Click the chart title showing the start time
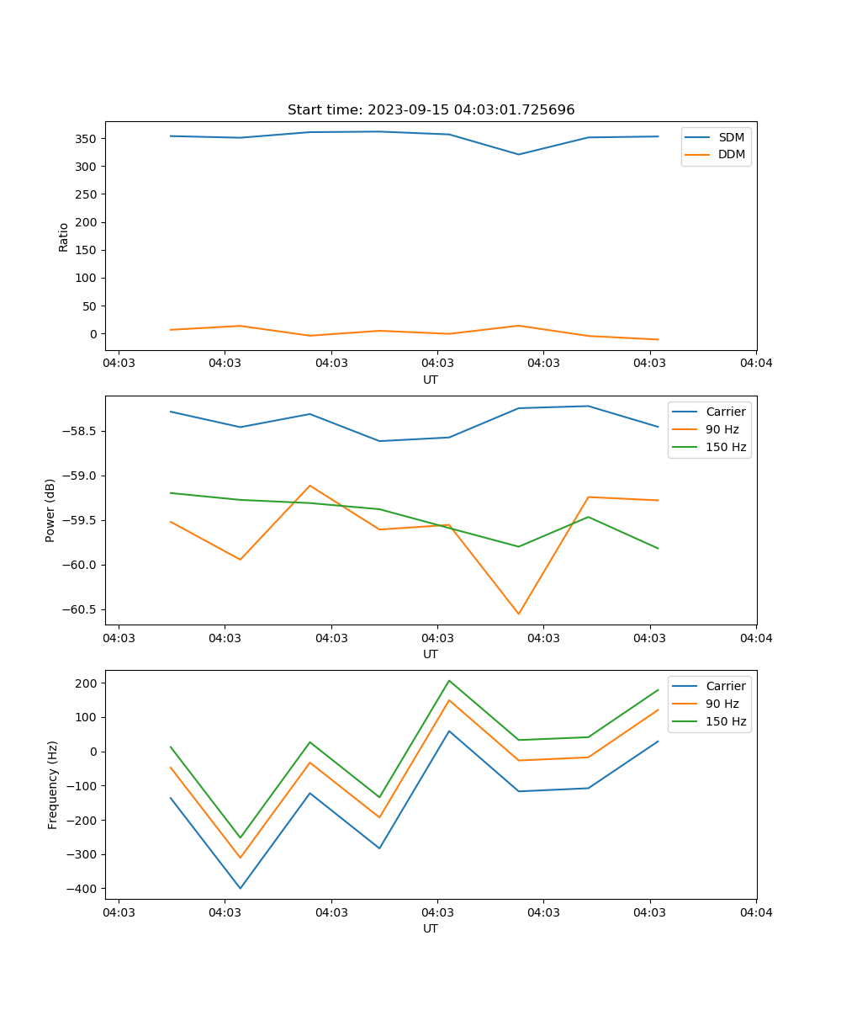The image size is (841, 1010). [x=431, y=110]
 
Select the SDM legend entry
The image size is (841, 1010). [x=731, y=137]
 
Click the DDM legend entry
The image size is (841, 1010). [x=731, y=154]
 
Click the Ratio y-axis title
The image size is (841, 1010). [x=64, y=237]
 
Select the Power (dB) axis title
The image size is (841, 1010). [x=50, y=510]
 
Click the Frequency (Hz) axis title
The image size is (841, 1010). [x=52, y=784]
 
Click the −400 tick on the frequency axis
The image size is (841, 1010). [x=83, y=889]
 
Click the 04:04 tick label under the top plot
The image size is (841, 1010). [x=755, y=363]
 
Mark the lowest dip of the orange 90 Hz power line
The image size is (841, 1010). [x=518, y=614]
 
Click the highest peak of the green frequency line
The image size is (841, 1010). [x=449, y=680]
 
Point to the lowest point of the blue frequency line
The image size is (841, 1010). [x=240, y=888]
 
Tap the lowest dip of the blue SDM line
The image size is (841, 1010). [x=518, y=154]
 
